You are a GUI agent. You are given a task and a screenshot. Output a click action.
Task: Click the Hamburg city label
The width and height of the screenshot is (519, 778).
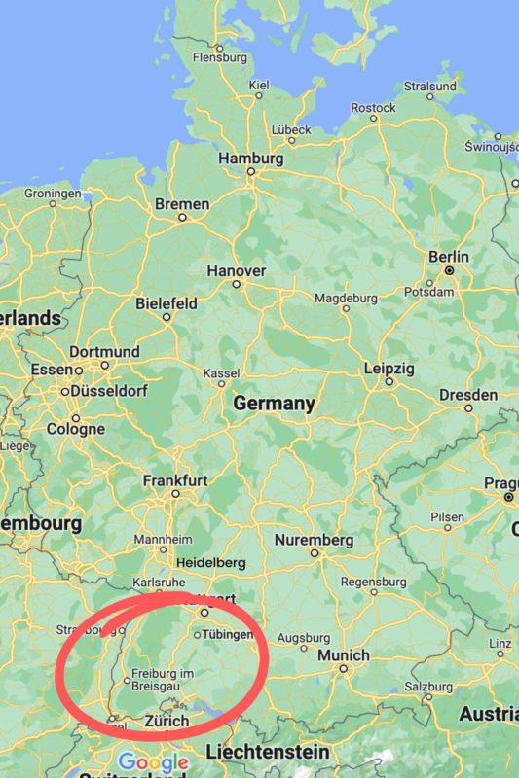[250, 158]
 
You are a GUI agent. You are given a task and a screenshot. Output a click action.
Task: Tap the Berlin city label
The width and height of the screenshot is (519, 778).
[448, 256]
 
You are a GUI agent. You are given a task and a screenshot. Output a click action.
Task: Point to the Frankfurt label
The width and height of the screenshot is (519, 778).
[175, 480]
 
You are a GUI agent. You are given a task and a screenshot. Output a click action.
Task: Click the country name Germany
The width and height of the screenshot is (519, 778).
[274, 404]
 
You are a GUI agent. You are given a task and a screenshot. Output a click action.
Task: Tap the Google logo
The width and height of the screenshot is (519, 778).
[153, 761]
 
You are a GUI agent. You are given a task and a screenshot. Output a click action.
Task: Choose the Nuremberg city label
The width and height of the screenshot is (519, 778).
[314, 540]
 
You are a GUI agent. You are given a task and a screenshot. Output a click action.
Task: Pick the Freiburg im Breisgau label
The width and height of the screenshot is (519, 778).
[163, 680]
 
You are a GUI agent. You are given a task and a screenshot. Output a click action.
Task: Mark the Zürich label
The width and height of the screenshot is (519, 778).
[167, 722]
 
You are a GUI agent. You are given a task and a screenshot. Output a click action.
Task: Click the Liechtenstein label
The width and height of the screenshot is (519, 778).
[267, 752]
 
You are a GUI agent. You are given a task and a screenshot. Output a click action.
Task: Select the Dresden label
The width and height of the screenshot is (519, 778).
[468, 395]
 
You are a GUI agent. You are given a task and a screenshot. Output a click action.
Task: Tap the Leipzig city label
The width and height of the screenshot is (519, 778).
[389, 370]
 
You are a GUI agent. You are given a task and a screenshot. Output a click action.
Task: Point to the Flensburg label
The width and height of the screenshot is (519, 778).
[220, 57]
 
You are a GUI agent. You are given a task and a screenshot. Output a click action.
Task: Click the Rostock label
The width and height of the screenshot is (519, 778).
[373, 107]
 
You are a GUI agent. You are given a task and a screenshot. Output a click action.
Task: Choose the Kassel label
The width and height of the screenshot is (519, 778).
[220, 374]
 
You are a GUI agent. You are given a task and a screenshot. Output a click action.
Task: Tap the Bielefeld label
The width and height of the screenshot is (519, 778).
[166, 302]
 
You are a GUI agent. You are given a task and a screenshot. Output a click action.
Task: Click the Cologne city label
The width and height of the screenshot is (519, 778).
[75, 429]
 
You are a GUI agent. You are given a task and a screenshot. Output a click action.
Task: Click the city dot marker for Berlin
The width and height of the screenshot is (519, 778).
[450, 269]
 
